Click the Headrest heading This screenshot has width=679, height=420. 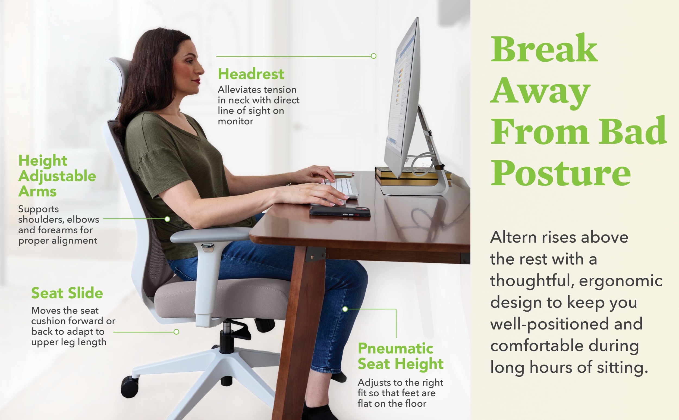coord(251,74)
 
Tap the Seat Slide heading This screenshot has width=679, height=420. coord(67,293)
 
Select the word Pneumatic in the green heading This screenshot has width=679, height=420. coord(395,348)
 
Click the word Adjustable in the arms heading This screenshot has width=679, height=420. coord(57,177)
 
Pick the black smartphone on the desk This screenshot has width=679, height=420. coord(340,212)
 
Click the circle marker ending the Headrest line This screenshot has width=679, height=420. coord(374,56)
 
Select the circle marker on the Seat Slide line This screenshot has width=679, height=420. coord(176,332)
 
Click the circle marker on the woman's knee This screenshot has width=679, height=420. coord(345,309)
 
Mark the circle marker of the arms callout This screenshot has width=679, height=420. coord(167,219)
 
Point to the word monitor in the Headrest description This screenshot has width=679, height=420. coord(235,121)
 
